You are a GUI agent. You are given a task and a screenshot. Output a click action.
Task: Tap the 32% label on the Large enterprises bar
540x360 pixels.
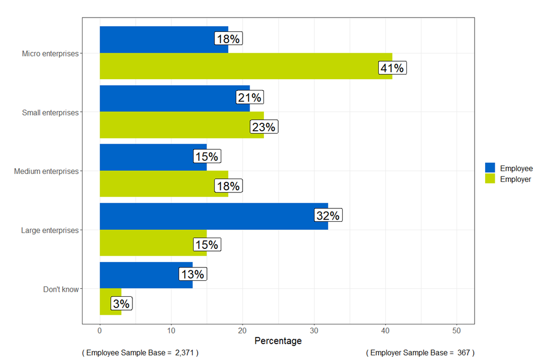(327, 215)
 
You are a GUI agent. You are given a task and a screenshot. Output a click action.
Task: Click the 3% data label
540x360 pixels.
(121, 304)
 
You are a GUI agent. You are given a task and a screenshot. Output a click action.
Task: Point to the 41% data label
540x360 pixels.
(392, 68)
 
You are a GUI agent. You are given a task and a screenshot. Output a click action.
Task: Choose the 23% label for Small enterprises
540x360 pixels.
(263, 127)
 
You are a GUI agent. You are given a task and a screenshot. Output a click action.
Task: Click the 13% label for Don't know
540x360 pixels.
(192, 274)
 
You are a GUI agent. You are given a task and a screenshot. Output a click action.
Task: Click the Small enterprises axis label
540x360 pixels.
(50, 113)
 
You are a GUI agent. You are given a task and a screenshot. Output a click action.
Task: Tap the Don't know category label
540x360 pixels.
(61, 289)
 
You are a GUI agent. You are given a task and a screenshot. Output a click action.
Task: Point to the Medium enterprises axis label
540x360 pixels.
(46, 171)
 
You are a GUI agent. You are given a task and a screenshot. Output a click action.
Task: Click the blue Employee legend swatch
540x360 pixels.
(490, 168)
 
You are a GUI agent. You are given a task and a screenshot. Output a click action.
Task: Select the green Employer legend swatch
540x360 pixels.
(490, 179)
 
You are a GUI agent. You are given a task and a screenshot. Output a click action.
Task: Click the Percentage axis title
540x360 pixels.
(278, 341)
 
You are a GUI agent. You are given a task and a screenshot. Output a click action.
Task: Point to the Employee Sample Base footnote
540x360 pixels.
(140, 353)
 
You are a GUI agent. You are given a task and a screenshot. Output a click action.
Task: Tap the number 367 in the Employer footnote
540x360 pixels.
(462, 353)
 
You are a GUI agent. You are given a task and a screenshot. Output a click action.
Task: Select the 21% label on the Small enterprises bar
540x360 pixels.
(250, 98)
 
